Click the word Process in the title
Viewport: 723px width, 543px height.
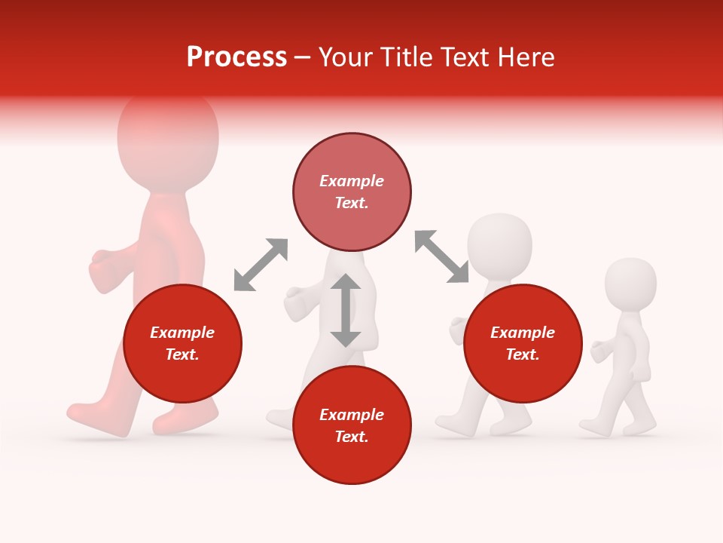tap(236, 57)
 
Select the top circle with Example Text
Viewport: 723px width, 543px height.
tap(352, 192)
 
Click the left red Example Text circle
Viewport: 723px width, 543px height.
tap(182, 343)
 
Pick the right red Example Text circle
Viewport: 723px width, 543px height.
tap(523, 343)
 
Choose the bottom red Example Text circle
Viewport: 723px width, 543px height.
tap(352, 425)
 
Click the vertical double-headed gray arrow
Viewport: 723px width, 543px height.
tap(346, 310)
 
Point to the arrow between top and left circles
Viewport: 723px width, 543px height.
tap(261, 265)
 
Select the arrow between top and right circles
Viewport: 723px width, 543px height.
tap(442, 256)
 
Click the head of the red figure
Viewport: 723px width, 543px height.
tap(168, 136)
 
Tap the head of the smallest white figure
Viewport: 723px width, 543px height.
tap(631, 284)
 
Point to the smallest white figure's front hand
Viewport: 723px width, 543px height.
tap(599, 351)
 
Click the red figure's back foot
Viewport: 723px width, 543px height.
tap(90, 413)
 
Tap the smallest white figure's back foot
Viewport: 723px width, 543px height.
tap(595, 428)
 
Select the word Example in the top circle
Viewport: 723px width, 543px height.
tap(352, 181)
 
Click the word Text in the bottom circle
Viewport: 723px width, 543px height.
tap(352, 437)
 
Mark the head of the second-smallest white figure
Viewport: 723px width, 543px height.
tap(499, 243)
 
